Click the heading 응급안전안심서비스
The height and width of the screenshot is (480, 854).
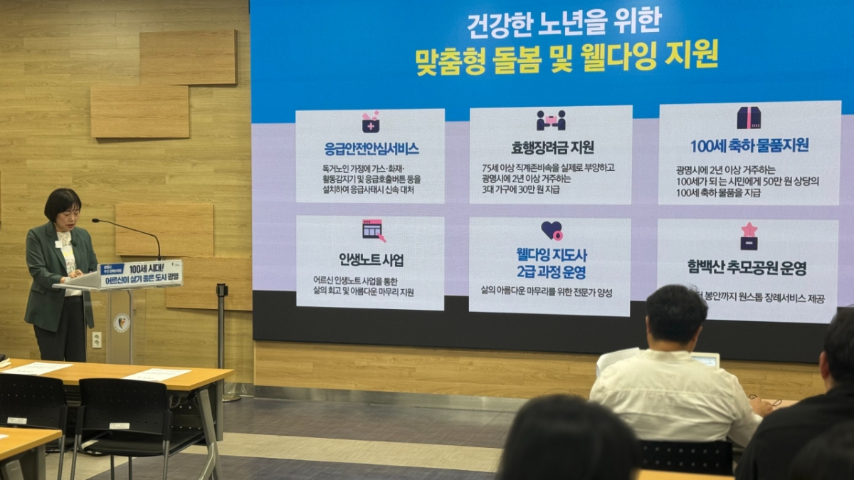tap(371, 149)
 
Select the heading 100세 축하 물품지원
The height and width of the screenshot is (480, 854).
tap(749, 145)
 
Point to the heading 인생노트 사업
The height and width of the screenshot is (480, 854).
tap(371, 259)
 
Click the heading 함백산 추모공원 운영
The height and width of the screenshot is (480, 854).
tap(747, 268)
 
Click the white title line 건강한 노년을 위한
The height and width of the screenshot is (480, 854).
tap(564, 24)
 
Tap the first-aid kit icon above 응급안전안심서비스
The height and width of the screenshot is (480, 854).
tap(370, 122)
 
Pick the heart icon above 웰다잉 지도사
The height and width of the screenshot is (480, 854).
tap(552, 230)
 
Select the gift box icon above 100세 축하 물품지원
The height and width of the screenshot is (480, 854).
tap(749, 118)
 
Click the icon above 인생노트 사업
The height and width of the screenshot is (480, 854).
tap(373, 230)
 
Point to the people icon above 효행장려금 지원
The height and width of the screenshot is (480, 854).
tap(551, 120)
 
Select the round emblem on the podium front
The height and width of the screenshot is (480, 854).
tap(122, 323)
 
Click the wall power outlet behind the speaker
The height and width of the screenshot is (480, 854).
tap(96, 340)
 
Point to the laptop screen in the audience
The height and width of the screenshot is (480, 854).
tap(705, 360)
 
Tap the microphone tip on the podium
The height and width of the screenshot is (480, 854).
tap(95, 221)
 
